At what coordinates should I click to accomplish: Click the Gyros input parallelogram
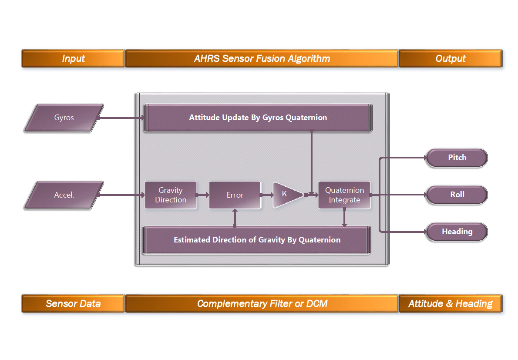coord(64,118)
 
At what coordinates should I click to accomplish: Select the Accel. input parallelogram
coord(64,195)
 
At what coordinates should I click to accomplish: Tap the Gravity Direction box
coord(171,195)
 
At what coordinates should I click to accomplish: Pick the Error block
coord(235,195)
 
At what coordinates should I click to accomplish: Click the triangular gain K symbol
coord(285,195)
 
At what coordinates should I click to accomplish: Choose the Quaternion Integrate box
coord(344,195)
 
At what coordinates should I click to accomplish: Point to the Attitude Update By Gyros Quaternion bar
coord(258,118)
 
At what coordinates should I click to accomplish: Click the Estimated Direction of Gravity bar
coord(257,240)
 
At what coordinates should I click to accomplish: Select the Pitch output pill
coord(457,158)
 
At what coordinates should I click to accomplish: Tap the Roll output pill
coord(457,195)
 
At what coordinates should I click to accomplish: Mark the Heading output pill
coord(457,232)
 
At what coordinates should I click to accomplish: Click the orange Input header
coord(73,59)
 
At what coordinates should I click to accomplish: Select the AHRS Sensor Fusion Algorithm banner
coord(262,59)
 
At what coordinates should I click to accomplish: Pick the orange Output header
coord(450,59)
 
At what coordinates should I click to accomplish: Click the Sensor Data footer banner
coord(73,303)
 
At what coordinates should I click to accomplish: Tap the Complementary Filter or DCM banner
coord(262,303)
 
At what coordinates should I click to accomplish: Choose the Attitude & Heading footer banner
coord(450,303)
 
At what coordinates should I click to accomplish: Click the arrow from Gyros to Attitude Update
coord(122,118)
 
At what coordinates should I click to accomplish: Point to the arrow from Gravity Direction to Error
coord(203,195)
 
